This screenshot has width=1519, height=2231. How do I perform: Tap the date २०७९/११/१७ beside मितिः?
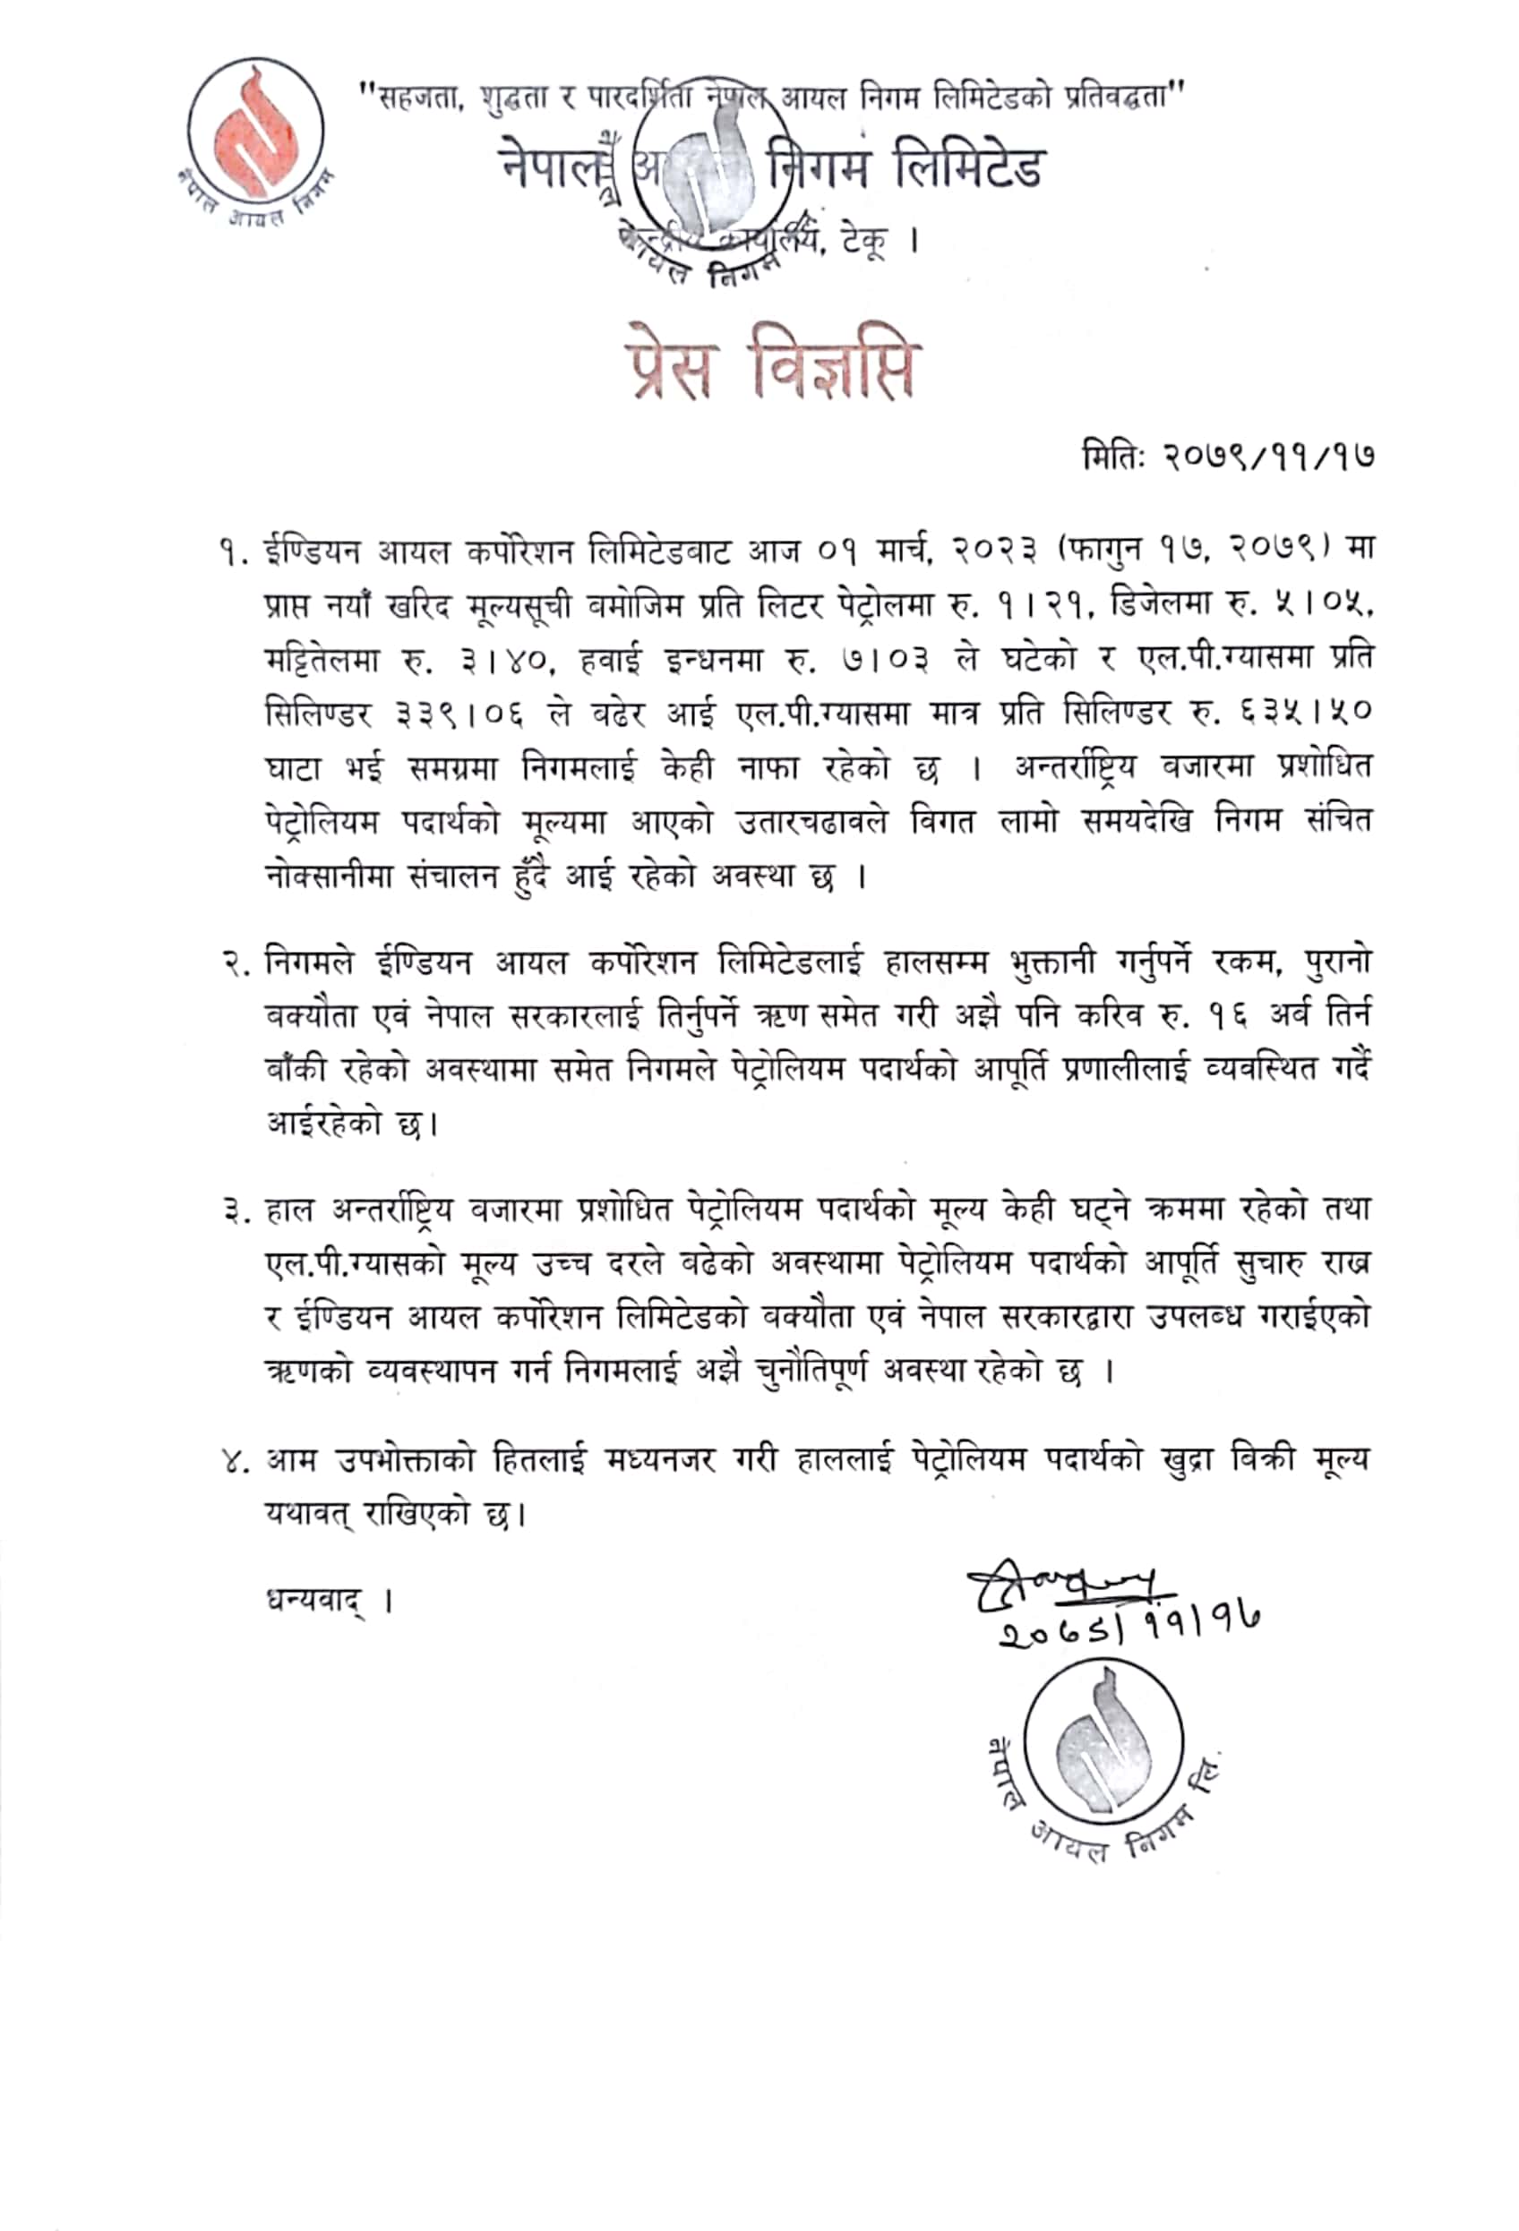(1267, 455)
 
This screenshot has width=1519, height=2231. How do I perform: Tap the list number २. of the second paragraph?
(236, 963)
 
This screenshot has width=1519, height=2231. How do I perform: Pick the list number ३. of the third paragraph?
(236, 1211)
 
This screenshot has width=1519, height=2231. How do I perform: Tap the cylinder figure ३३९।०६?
(460, 715)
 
